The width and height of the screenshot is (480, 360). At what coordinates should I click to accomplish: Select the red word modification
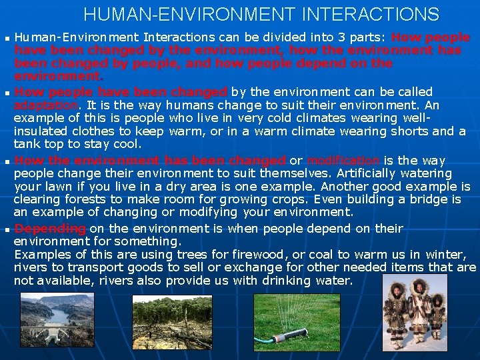tap(343, 160)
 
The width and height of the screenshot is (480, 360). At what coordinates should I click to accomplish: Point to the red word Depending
tap(50, 228)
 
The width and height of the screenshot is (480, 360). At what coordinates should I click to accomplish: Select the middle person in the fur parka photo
tap(417, 310)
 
